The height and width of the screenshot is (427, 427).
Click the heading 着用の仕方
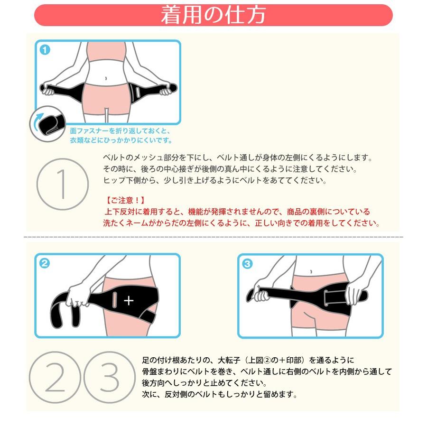coord(213,15)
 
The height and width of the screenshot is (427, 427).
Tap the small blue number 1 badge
coord(45,50)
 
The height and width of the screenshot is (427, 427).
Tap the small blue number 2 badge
coord(45,263)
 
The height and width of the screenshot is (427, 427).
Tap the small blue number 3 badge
coord(247,264)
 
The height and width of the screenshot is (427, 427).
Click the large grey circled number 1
coord(63,184)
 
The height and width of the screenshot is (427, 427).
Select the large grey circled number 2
coord(55,378)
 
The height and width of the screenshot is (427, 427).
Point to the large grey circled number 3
coord(110,378)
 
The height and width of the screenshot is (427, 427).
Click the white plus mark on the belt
coord(129,301)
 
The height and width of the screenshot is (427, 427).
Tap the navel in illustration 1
coord(106,78)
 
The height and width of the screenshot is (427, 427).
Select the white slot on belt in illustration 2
coord(115,299)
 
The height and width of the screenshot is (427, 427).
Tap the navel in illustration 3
coord(311,271)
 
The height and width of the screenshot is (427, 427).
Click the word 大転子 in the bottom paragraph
coord(229,360)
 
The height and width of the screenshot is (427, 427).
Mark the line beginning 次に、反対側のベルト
coord(220,394)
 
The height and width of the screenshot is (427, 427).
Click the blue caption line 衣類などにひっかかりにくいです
coord(121,140)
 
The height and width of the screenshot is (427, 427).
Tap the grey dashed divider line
coord(213,237)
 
